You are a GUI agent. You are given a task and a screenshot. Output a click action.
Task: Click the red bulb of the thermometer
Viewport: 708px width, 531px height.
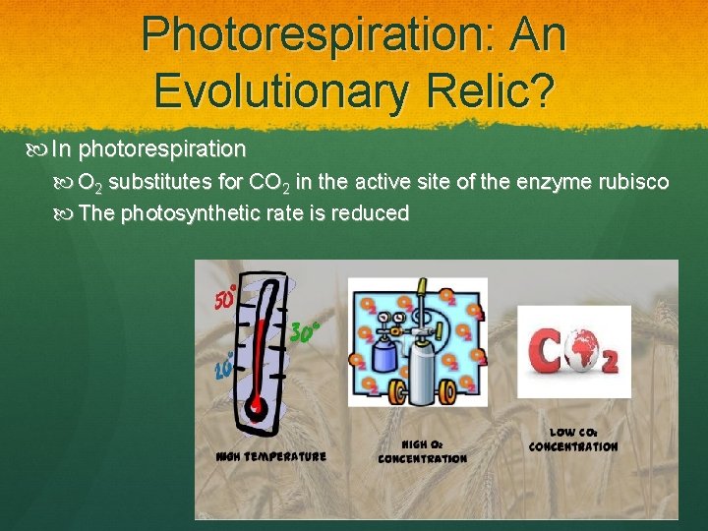click(258, 404)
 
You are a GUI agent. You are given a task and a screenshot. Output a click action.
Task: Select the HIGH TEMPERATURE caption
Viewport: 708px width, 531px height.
click(270, 456)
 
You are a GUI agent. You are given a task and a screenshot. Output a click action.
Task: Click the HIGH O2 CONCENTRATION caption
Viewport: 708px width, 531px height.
click(422, 451)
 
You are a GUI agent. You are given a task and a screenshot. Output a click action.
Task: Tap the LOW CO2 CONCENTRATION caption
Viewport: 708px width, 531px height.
click(573, 440)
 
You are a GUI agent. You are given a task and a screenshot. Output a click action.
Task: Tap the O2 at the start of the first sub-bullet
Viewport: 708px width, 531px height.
click(91, 184)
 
